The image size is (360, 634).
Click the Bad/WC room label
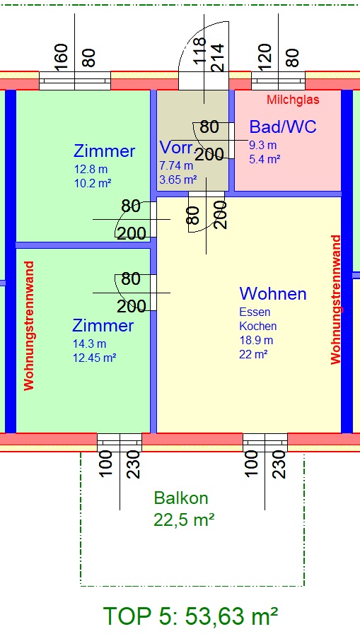pyautogui.click(x=283, y=127)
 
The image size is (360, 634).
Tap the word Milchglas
pyautogui.click(x=294, y=100)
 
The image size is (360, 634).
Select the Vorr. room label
pyautogui.click(x=176, y=148)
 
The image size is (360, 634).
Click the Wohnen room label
pyautogui.click(x=273, y=293)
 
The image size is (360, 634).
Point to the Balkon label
pyautogui.click(x=181, y=498)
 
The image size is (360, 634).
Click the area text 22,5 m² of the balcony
pyautogui.click(x=184, y=519)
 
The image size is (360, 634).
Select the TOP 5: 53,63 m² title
pyautogui.click(x=191, y=616)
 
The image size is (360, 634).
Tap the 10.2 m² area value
pyautogui.click(x=92, y=183)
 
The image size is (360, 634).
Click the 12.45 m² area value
pyautogui.click(x=95, y=358)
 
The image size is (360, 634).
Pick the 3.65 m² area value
pyautogui.click(x=178, y=179)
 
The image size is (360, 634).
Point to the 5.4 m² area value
pyautogui.click(x=265, y=159)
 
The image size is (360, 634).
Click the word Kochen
pyautogui.click(x=258, y=326)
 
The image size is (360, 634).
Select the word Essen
pyautogui.click(x=255, y=312)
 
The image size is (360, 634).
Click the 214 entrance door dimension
pyautogui.click(x=216, y=58)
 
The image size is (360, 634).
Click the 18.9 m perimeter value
pyautogui.click(x=256, y=340)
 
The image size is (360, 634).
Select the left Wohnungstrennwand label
pyautogui.click(x=29, y=326)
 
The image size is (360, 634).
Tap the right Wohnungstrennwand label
pyautogui.click(x=336, y=300)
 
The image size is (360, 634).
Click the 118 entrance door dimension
pyautogui.click(x=200, y=51)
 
